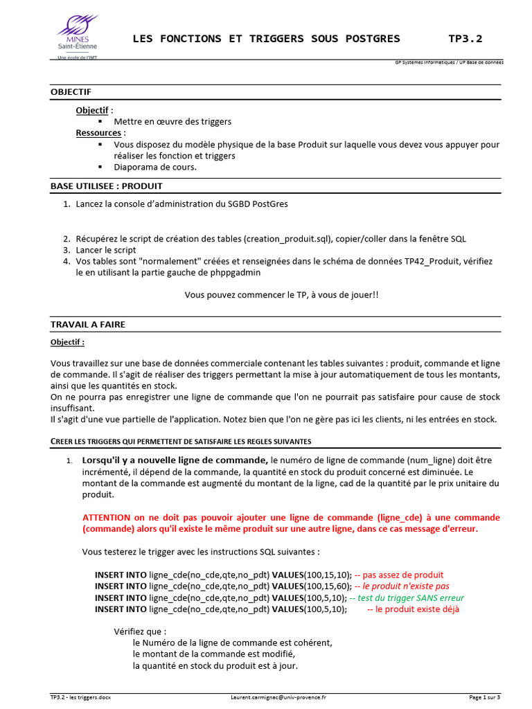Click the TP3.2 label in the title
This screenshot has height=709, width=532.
pyautogui.click(x=465, y=39)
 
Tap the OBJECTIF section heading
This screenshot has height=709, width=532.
pyautogui.click(x=71, y=92)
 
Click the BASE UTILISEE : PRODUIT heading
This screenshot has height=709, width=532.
pyautogui.click(x=107, y=186)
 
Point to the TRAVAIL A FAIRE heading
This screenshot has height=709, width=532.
pyautogui.click(x=88, y=325)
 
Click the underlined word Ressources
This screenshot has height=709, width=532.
pyautogui.click(x=99, y=133)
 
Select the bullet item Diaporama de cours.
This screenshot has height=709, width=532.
pyautogui.click(x=155, y=167)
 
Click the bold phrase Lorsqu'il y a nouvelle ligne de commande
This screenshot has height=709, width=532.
pyautogui.click(x=175, y=460)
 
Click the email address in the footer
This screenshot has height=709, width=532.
pyautogui.click(x=278, y=697)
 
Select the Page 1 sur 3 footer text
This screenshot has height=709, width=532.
pyautogui.click(x=484, y=697)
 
